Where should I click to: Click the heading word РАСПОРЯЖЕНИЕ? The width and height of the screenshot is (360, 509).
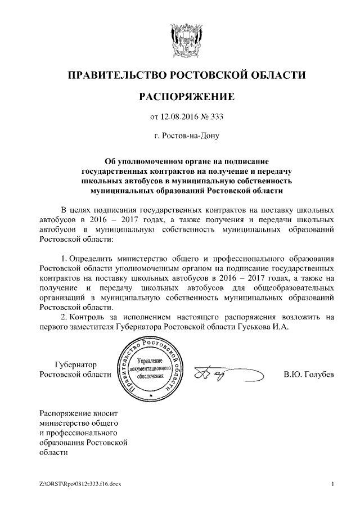coord(186,97)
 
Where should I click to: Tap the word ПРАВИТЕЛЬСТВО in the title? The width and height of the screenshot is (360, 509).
coord(117,75)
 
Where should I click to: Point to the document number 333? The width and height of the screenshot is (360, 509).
coord(216,118)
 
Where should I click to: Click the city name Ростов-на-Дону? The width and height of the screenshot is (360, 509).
coord(190,136)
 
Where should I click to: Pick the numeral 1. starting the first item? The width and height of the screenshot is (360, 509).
coord(64,259)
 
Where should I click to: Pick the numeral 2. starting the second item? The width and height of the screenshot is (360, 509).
coord(64,317)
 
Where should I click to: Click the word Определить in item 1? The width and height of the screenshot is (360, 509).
coord(93,259)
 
